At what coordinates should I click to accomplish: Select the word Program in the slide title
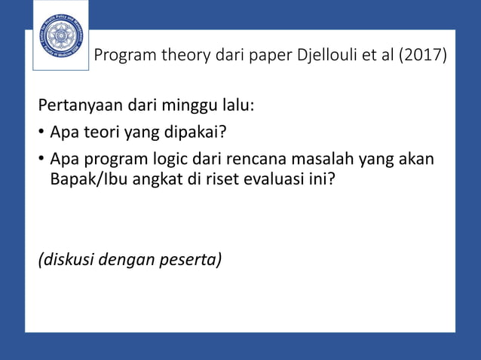(125, 56)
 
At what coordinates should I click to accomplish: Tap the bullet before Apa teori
(41, 134)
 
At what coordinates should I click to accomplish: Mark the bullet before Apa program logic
(41, 162)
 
